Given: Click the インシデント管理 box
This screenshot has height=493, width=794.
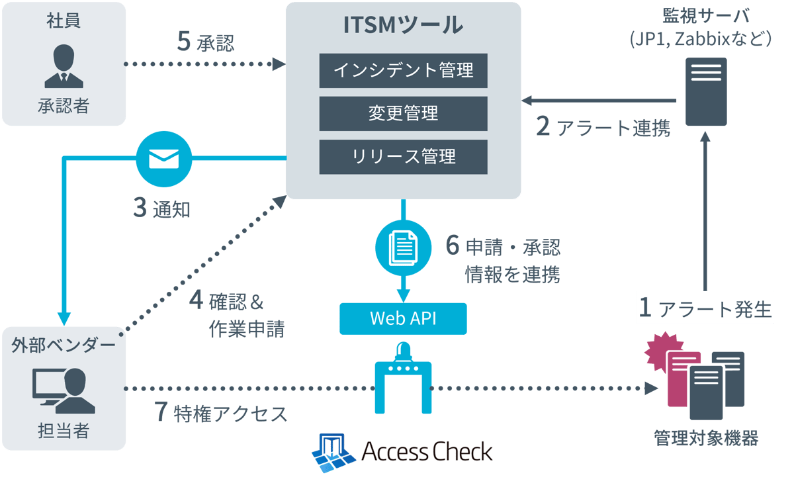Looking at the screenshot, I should point(403,70).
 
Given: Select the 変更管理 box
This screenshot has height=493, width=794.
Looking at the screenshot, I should point(403,113).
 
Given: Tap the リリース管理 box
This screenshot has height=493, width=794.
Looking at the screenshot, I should point(403,157).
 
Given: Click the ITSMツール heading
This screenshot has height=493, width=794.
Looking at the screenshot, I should point(403,25).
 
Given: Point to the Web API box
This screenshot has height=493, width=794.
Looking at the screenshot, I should point(403,318).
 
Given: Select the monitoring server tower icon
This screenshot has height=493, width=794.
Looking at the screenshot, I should point(706,91).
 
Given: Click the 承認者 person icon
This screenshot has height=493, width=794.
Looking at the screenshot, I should point(64,67).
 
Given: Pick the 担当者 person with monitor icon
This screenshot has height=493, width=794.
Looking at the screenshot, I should point(64,390).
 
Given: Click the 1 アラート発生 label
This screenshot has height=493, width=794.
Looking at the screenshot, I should point(705,308).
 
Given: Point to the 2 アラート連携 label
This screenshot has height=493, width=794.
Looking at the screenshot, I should point(603,127).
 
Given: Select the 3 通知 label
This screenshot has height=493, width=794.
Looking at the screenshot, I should point(162,209).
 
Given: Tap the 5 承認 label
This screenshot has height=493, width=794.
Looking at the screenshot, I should point(206,43).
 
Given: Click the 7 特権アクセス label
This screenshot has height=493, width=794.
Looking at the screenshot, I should point(221,414).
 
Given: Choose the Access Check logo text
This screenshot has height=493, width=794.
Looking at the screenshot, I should point(427,452).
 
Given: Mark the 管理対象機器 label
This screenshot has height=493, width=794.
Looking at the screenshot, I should point(705,437).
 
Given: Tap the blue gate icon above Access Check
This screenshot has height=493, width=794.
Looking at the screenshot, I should point(403,377).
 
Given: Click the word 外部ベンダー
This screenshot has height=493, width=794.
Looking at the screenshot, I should point(64,345).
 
